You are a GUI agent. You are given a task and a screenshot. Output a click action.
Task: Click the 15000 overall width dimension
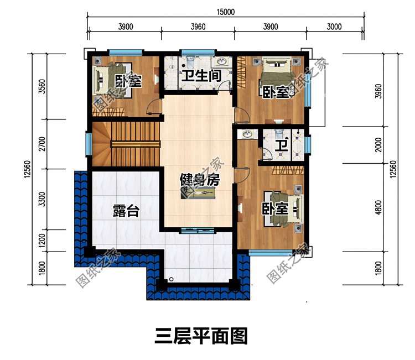pyautogui.click(x=226, y=12)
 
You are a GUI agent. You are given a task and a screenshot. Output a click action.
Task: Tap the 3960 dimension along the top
pyautogui.click(x=198, y=27)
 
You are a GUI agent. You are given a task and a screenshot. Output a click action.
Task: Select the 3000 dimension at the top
pyautogui.click(x=334, y=27)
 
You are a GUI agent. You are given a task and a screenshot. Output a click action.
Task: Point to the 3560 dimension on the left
pyautogui.click(x=42, y=86)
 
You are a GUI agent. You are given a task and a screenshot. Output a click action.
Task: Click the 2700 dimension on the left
pyautogui.click(x=42, y=144)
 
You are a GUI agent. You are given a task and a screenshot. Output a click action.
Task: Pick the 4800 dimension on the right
pyautogui.click(x=378, y=207)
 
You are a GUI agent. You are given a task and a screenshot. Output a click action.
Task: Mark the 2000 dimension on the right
pyautogui.click(x=378, y=145)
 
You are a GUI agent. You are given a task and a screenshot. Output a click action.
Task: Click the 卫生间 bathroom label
pyautogui.click(x=201, y=76)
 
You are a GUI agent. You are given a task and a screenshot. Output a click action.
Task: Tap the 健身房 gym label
pyautogui.click(x=200, y=180)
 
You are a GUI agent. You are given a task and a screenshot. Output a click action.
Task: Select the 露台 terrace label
pyautogui.click(x=126, y=211)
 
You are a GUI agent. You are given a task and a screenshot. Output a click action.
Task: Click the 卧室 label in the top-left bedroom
pyautogui.click(x=128, y=81)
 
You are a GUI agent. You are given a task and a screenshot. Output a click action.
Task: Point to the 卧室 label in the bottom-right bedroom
pyautogui.click(x=275, y=209)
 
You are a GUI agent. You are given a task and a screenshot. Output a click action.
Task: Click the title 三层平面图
pyautogui.click(x=201, y=336)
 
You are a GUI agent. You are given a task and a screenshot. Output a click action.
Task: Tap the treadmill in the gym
pyautogui.click(x=199, y=194)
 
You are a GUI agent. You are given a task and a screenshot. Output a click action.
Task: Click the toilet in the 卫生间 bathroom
pyautogui.click(x=190, y=61)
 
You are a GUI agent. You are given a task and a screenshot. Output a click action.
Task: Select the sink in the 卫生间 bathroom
pyautogui.click(x=221, y=61)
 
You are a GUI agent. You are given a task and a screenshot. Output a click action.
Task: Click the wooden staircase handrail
pyautogui.click(x=135, y=144)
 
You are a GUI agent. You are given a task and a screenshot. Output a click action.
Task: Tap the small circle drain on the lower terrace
pyautogui.click(x=171, y=279)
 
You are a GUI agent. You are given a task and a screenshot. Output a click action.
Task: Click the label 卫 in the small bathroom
pyautogui.click(x=281, y=145)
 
